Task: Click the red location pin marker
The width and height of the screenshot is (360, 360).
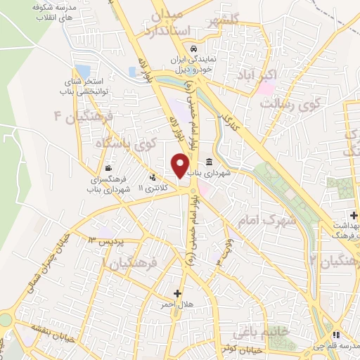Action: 181,166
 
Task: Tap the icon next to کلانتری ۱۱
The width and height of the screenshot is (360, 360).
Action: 153,177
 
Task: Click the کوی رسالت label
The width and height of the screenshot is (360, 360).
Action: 290,103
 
